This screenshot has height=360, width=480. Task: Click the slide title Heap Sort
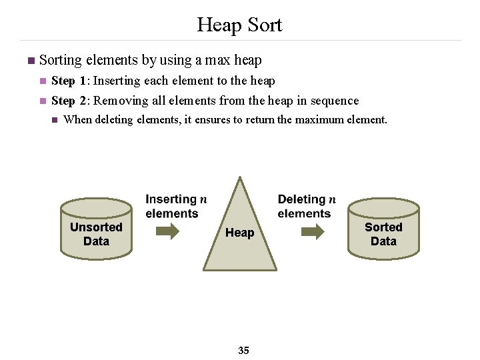click(x=239, y=25)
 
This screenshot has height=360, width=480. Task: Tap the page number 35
click(x=243, y=350)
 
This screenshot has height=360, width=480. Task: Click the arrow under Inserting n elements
click(x=167, y=231)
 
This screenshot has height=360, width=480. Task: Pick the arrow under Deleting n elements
click(x=312, y=231)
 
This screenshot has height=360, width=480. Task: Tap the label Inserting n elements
click(x=175, y=206)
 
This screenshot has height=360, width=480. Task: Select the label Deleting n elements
click(x=306, y=206)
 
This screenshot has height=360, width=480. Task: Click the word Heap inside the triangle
click(x=239, y=233)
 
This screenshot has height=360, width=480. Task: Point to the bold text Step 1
click(x=69, y=81)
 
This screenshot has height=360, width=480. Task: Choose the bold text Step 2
click(x=69, y=101)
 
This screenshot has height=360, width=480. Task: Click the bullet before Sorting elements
click(x=29, y=61)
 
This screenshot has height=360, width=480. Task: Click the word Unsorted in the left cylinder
click(x=96, y=227)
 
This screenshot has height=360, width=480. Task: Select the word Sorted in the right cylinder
click(x=383, y=227)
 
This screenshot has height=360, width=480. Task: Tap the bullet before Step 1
click(x=42, y=81)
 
